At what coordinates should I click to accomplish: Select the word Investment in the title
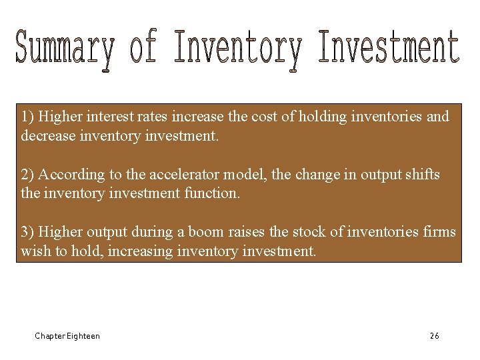pyautogui.click(x=389, y=48)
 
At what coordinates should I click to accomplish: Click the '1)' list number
pyautogui.click(x=27, y=117)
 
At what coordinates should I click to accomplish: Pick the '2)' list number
pyautogui.click(x=27, y=175)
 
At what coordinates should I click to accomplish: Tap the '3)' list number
pyautogui.click(x=27, y=232)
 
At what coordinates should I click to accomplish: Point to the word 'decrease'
pyautogui.click(x=45, y=137)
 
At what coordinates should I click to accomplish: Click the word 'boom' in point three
pyautogui.click(x=205, y=232)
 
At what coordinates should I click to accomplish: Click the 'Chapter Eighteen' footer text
pyautogui.click(x=67, y=336)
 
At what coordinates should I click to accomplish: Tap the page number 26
pyautogui.click(x=434, y=336)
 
